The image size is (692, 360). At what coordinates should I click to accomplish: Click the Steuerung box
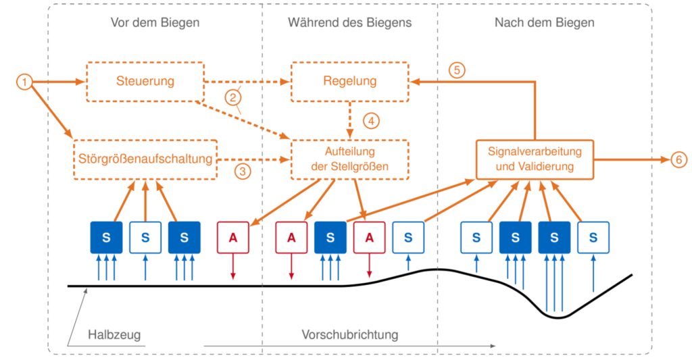pos(145,82)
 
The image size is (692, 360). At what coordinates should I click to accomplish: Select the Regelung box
pos(349,82)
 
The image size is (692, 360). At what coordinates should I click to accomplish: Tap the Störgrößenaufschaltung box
pos(145,159)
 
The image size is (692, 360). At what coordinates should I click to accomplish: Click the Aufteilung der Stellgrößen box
pos(349,159)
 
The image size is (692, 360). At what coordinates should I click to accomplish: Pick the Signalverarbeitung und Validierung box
pos(535,159)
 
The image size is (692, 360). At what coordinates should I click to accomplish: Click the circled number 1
pos(25,82)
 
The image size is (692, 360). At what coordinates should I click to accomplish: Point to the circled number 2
pos(233,97)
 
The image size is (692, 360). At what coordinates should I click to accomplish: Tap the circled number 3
pos(243,171)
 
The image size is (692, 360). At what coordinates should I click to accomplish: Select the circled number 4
pos(371,120)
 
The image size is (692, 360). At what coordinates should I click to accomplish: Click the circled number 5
pos(457,70)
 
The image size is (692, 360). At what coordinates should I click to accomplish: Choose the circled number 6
pos(678,159)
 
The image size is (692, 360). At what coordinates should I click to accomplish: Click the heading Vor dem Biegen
pos(155,22)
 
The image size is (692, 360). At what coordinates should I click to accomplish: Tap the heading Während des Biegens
pos(349,22)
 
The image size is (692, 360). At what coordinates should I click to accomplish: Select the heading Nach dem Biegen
pos(544,22)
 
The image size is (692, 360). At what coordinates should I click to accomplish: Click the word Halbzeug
pos(114,334)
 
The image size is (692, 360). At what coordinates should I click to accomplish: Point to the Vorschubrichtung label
pos(349,334)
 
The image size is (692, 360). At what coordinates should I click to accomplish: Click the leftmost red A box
pos(233,237)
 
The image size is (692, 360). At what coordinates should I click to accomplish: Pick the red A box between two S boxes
pos(370,237)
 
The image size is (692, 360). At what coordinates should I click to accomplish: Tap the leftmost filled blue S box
pos(106,237)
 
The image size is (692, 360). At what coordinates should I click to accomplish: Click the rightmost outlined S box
pos(593,237)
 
